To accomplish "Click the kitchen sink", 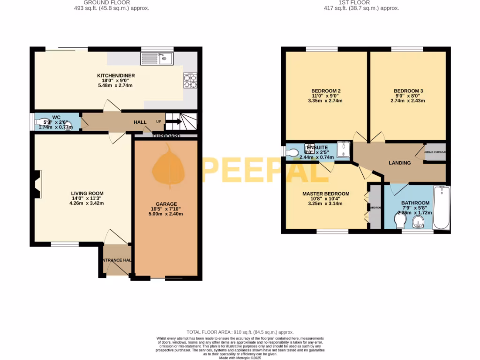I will [157, 59].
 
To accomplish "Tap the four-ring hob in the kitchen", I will [190, 81].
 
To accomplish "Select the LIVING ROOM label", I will [87, 193].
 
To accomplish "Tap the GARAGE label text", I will [166, 204].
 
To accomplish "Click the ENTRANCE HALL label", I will [115, 260].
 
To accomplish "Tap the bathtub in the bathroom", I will [441, 207].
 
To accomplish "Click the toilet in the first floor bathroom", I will [400, 221].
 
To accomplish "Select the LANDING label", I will [400, 163].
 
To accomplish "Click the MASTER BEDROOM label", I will [326, 194].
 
